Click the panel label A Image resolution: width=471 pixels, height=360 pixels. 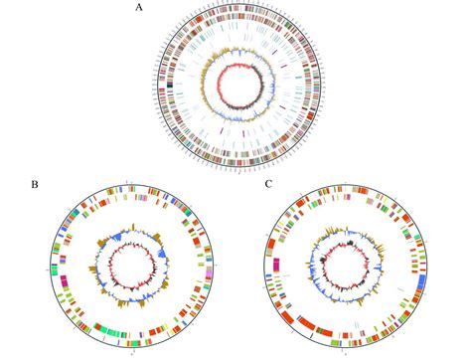tap(138, 8)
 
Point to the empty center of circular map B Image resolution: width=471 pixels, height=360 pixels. tap(133, 268)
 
